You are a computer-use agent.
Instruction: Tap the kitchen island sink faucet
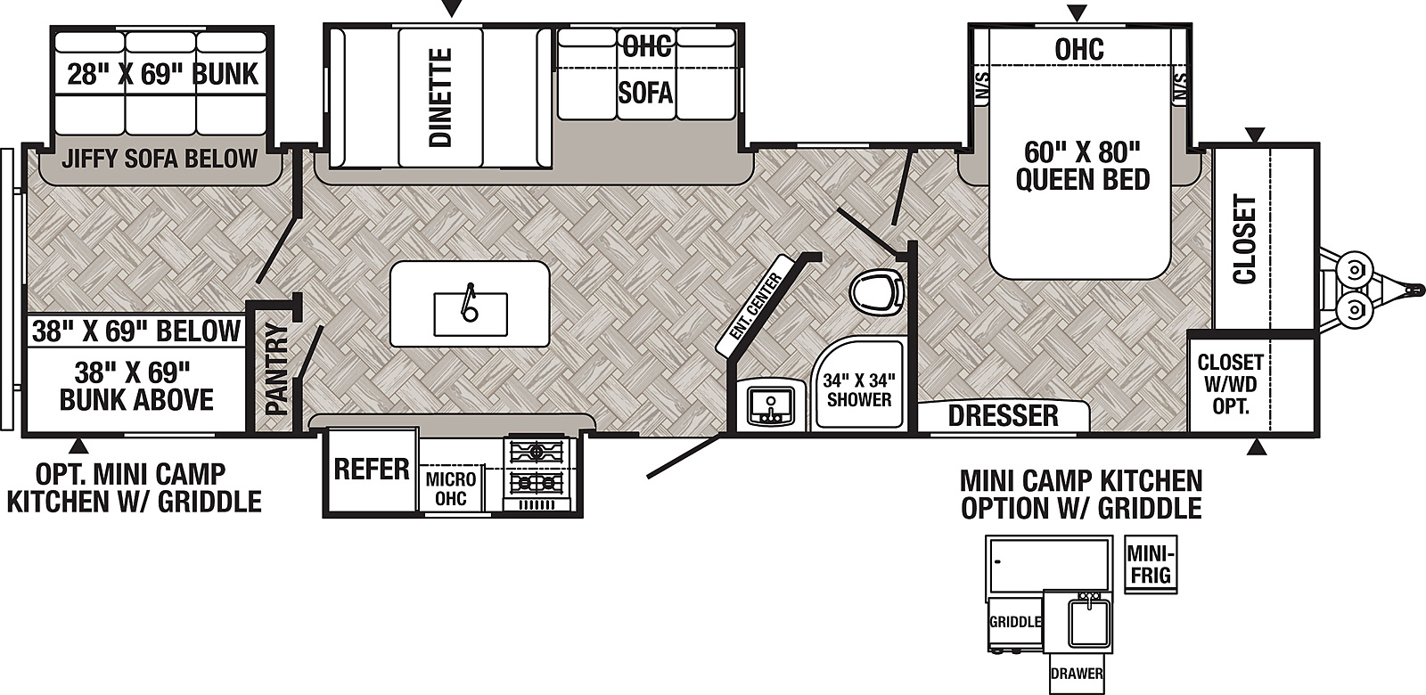(470, 302)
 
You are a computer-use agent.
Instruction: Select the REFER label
(372, 470)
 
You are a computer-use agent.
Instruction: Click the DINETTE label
(440, 97)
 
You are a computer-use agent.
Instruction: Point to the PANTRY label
(277, 369)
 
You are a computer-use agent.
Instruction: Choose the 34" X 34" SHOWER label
(859, 390)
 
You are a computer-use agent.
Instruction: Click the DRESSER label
(1004, 415)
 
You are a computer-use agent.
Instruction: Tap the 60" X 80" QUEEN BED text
(1082, 166)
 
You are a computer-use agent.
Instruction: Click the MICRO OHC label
(451, 489)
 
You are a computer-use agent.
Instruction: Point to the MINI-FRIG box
(1151, 564)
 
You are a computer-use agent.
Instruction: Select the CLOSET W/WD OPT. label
(1231, 384)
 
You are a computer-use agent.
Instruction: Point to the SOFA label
(645, 93)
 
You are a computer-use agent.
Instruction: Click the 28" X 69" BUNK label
(163, 75)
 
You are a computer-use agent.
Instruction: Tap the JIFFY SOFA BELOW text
(160, 159)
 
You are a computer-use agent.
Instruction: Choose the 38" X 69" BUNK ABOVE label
(136, 386)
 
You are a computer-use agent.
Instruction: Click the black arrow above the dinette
(452, 8)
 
